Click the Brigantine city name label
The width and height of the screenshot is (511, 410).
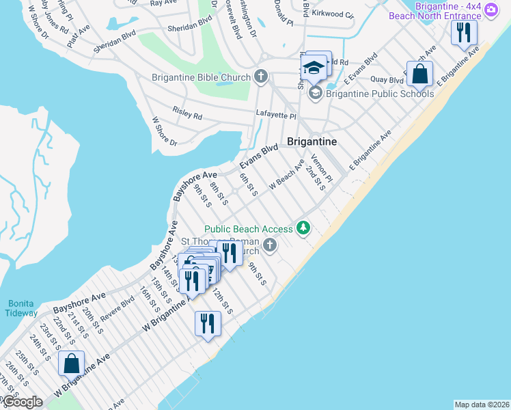(312, 141)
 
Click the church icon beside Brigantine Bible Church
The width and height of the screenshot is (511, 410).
(261, 77)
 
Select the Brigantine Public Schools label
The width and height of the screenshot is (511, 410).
(380, 94)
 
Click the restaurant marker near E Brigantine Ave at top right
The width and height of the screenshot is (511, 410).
(465, 33)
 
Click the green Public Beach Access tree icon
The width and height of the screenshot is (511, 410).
(303, 228)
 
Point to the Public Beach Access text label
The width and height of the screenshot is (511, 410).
(249, 228)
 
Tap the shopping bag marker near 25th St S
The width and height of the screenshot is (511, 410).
(72, 365)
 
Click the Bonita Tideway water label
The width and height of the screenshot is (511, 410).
(22, 308)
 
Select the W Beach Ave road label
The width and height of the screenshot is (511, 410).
(286, 175)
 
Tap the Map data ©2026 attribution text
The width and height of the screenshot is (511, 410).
(482, 404)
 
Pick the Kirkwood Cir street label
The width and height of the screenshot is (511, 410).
(333, 14)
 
